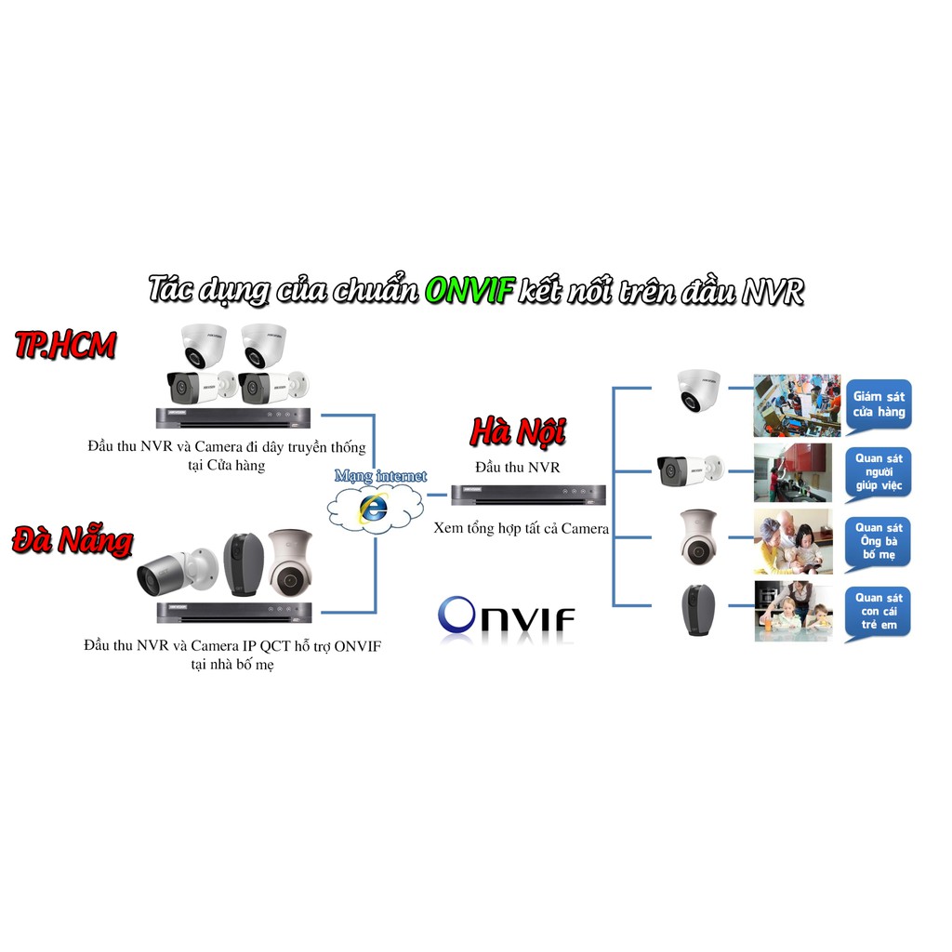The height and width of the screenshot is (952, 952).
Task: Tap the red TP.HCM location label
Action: click(x=65, y=346)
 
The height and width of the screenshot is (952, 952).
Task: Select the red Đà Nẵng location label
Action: click(x=73, y=540)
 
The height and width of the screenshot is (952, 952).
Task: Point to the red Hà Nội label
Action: click(x=517, y=431)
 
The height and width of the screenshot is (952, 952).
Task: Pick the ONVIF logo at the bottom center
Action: click(x=506, y=618)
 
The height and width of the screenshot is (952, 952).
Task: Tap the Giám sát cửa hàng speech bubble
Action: click(x=878, y=404)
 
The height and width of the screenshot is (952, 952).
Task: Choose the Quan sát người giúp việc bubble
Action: click(x=878, y=472)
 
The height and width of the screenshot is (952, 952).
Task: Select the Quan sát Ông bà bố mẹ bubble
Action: click(x=878, y=542)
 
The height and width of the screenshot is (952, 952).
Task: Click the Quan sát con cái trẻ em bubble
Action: click(x=878, y=612)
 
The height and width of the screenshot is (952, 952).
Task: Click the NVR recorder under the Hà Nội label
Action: click(x=528, y=495)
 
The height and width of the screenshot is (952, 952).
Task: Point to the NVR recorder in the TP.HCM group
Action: click(x=232, y=416)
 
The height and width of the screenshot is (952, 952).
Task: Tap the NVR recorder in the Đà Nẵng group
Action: click(x=233, y=612)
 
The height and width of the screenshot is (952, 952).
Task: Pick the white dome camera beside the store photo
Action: click(x=698, y=390)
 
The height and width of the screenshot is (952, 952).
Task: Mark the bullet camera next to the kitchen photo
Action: click(x=688, y=469)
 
